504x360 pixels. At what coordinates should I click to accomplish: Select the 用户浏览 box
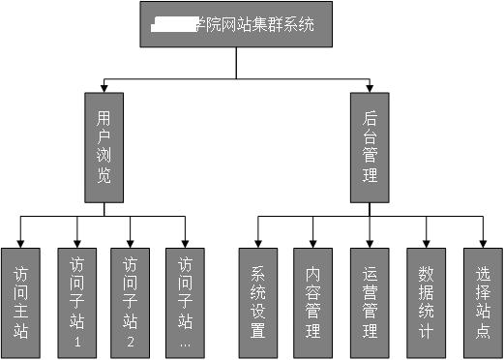pyautogui.click(x=104, y=147)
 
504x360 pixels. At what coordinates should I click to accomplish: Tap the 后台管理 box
pyautogui.click(x=369, y=147)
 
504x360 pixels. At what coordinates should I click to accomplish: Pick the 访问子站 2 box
pyautogui.click(x=132, y=303)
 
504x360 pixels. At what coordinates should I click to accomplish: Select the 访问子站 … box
pyautogui.click(x=186, y=303)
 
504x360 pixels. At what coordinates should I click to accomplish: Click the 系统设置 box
pyautogui.click(x=257, y=303)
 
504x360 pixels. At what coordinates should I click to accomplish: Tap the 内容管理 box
pyautogui.click(x=312, y=303)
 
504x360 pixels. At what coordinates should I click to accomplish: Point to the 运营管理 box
pyautogui.click(x=369, y=303)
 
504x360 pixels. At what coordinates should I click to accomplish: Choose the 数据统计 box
pyautogui.click(x=425, y=303)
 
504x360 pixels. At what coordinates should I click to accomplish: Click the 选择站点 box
pyautogui.click(x=482, y=303)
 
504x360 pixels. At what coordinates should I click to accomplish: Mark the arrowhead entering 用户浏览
pyautogui.click(x=104, y=88)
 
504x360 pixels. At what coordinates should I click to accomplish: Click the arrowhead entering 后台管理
pyautogui.click(x=369, y=88)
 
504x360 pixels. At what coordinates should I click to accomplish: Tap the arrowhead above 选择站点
pyautogui.click(x=482, y=242)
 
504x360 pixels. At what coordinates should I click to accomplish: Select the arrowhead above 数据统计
pyautogui.click(x=425, y=242)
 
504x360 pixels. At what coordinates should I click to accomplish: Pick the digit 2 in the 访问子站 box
pyautogui.click(x=132, y=343)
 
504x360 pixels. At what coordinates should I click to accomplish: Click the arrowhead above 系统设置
pyautogui.click(x=257, y=242)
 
